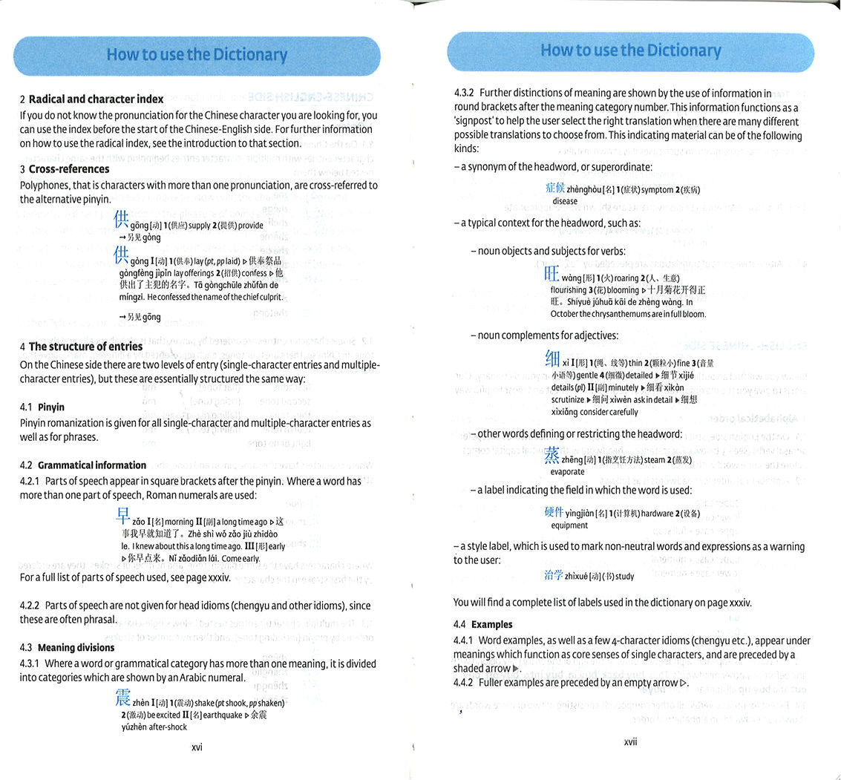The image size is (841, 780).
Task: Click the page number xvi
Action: (x=197, y=747)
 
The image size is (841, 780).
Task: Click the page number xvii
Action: (x=630, y=741)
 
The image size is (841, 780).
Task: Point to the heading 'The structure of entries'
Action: (x=85, y=347)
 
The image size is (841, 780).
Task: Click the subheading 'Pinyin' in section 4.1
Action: (x=51, y=407)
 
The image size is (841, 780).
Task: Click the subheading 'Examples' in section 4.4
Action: (x=491, y=624)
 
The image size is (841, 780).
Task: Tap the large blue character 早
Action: (x=123, y=517)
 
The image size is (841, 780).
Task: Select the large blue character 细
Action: (x=552, y=359)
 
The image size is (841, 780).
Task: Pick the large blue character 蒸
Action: (x=552, y=455)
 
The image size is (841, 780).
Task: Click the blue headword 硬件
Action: (x=554, y=512)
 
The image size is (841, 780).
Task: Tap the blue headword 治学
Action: (x=554, y=574)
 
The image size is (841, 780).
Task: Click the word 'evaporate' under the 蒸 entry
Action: (x=567, y=472)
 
